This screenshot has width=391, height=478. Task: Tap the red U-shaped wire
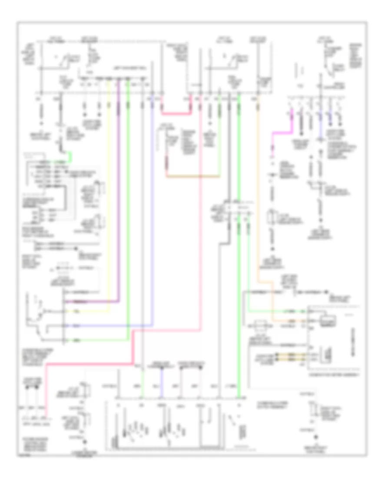(x=176, y=113)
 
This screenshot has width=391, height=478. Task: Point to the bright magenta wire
(x=273, y=138)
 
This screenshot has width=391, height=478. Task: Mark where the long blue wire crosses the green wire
(x=128, y=325)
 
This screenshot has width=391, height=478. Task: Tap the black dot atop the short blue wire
(x=162, y=368)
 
